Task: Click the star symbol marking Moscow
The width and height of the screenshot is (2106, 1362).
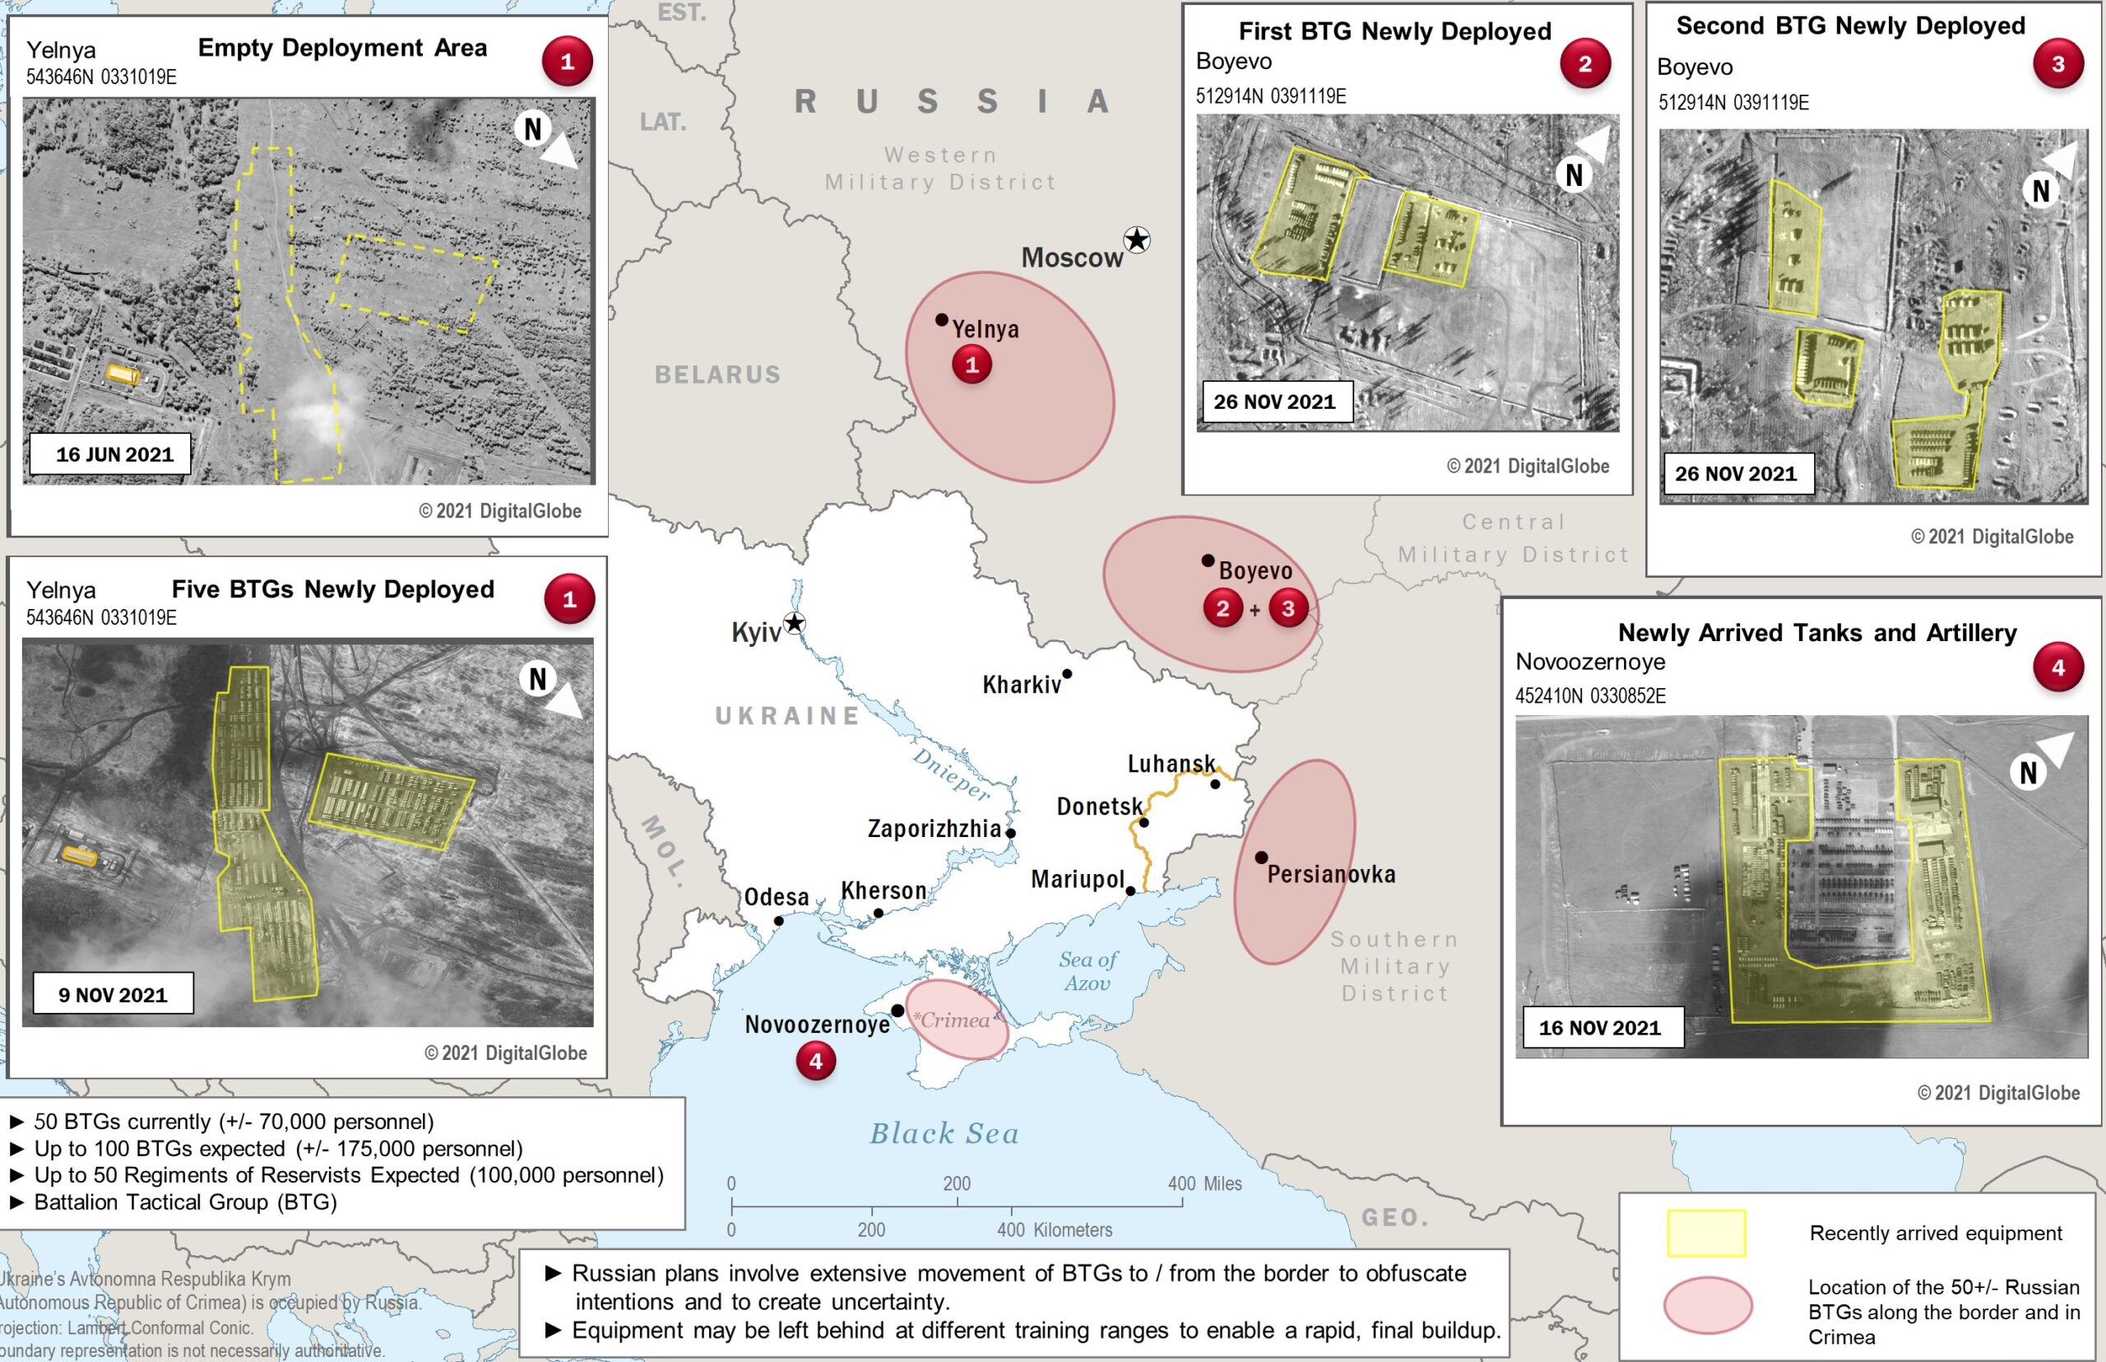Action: (x=1137, y=239)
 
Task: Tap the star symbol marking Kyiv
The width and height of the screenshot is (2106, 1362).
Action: (x=795, y=623)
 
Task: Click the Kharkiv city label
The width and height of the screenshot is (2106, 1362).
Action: (x=1021, y=685)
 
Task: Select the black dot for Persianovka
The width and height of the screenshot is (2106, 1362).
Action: (x=1262, y=857)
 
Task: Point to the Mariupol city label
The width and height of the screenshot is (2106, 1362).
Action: (x=1077, y=879)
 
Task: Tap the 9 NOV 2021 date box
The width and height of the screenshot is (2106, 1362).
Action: (x=114, y=994)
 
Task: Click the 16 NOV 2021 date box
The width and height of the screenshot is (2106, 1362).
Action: (x=1600, y=1027)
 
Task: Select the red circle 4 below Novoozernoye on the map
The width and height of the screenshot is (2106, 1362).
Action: (x=815, y=1061)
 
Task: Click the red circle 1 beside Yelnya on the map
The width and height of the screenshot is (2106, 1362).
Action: (x=972, y=365)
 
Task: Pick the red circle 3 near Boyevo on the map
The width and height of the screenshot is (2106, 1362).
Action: (x=1288, y=608)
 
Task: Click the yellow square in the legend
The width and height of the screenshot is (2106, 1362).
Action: (x=1706, y=1233)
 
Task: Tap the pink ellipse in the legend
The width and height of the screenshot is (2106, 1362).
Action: (x=1707, y=1305)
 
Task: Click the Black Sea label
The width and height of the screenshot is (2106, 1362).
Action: (x=944, y=1134)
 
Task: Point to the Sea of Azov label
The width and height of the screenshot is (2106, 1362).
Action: (x=1088, y=971)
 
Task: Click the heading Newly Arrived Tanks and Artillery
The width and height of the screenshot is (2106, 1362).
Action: (x=1817, y=632)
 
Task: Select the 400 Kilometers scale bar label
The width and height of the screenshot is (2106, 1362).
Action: (x=1055, y=1230)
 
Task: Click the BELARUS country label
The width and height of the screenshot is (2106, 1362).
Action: (x=718, y=375)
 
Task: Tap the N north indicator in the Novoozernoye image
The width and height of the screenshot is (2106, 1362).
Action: (x=2028, y=772)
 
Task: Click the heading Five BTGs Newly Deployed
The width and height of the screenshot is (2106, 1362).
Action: (x=332, y=589)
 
